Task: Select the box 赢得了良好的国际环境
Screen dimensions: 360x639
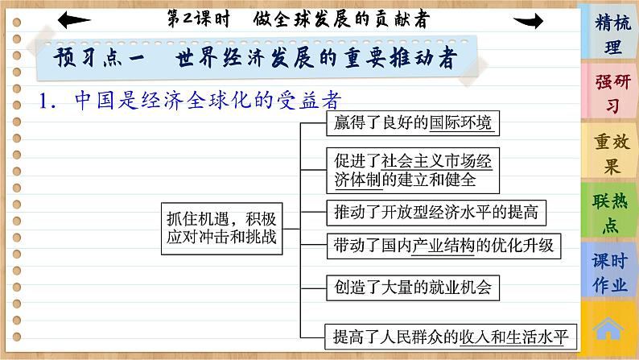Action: [410, 123]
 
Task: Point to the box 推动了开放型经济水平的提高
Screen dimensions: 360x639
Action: [435, 212]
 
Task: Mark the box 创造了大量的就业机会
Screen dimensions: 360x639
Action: [410, 285]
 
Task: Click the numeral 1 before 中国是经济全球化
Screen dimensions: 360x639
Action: [47, 101]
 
